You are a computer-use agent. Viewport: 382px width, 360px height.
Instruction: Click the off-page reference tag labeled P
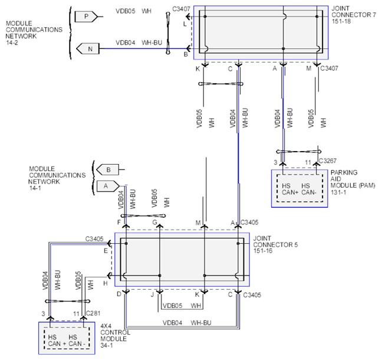point(86,17)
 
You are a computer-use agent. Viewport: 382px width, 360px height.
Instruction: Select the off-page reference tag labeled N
point(88,48)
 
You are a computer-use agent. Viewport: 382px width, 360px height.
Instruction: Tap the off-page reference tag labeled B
point(108,169)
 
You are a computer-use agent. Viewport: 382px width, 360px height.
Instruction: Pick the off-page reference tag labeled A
point(108,186)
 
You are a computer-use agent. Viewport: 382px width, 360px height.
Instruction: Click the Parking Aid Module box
point(299,188)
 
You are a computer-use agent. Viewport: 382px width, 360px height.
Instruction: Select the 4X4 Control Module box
point(67,338)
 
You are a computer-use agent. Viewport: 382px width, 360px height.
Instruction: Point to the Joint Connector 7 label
point(354,12)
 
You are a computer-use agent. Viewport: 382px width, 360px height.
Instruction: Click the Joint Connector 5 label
point(275,241)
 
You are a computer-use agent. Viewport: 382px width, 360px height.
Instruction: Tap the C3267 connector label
point(328,161)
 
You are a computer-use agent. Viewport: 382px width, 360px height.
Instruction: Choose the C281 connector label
point(93,313)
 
